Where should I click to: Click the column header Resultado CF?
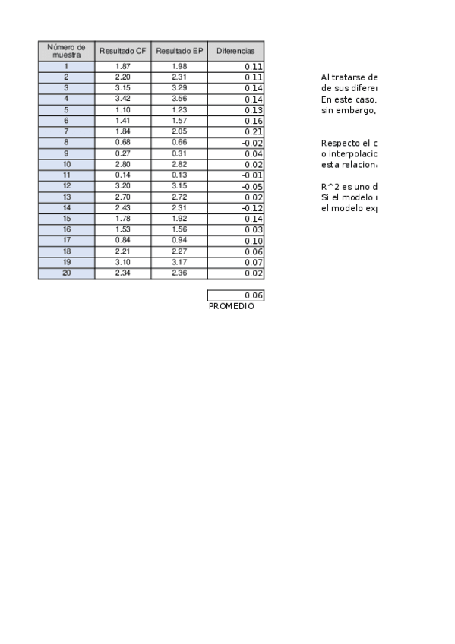(x=122, y=51)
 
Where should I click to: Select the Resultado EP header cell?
(x=179, y=51)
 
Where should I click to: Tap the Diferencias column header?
(x=235, y=51)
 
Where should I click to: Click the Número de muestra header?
(x=67, y=51)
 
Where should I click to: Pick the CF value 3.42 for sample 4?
(x=122, y=99)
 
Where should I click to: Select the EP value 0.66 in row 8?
(x=179, y=142)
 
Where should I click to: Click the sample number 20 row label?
(x=67, y=273)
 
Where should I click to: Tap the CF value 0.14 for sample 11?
(x=122, y=175)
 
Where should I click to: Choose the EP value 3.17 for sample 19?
(x=179, y=262)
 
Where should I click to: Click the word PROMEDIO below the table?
(x=231, y=306)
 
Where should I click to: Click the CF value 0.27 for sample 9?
(x=122, y=153)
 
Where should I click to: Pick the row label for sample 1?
(x=67, y=66)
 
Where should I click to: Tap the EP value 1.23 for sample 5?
(x=179, y=109)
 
